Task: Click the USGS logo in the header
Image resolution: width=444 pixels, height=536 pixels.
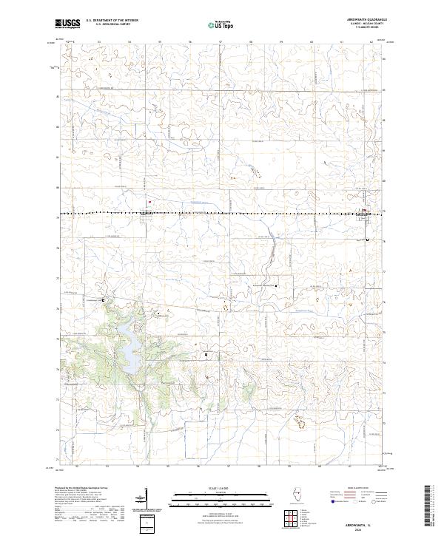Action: tap(67, 24)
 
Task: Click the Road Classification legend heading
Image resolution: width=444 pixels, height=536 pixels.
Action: tap(354, 490)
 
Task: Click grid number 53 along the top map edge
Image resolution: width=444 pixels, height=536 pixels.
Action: tap(99, 42)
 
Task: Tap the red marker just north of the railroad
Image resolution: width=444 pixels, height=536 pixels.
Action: tap(149, 200)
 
